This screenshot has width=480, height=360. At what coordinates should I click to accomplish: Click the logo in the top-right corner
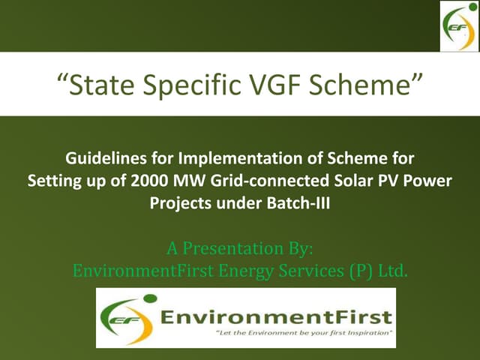[457, 26]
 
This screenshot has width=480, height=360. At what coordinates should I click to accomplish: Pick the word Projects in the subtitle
[179, 201]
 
